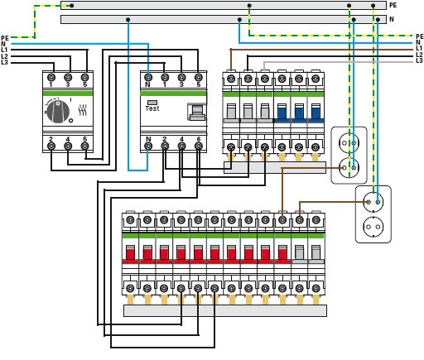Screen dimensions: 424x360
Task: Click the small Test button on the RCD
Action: click(152, 103)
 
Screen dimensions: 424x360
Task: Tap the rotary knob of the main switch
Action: click(57, 111)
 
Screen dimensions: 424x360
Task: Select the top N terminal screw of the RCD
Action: click(148, 78)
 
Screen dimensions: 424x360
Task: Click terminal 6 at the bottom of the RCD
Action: click(199, 146)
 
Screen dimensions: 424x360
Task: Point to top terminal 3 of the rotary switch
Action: click(68, 78)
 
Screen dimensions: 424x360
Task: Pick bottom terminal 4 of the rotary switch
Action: click(68, 146)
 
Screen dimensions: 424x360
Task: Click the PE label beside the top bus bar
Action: click(393, 5)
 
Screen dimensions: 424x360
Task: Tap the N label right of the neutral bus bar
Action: click(392, 19)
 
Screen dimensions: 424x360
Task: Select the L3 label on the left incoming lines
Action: click(4, 62)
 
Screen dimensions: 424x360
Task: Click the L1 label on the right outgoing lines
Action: click(419, 49)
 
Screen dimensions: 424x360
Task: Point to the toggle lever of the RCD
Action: click(197, 112)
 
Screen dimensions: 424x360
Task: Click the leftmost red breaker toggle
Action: click(130, 253)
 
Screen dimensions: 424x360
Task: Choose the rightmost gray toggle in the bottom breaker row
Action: click(316, 253)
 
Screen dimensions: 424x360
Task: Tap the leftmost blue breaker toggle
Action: click(282, 112)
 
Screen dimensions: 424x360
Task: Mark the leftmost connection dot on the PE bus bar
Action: click(72, 5)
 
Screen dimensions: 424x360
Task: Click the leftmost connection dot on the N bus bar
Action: click(128, 20)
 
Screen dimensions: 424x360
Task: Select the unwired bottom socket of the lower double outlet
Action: click(373, 227)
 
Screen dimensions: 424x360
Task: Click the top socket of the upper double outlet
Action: click(349, 143)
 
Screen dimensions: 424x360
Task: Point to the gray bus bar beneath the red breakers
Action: click(225, 310)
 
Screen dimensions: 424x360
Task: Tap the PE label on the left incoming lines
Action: click(5, 38)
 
